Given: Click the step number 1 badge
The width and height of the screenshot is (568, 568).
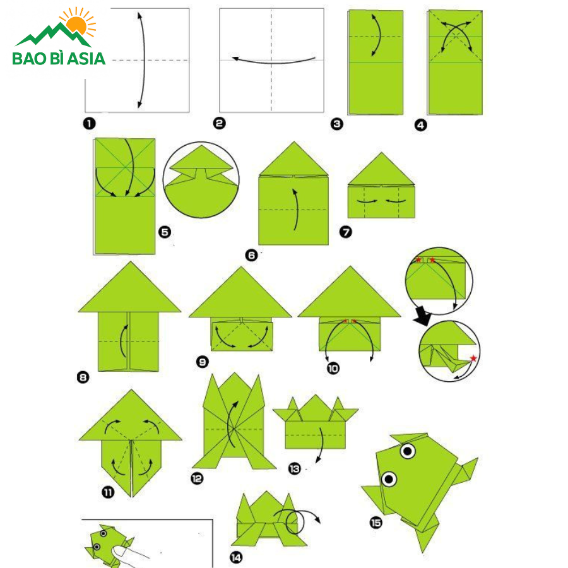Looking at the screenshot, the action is (x=89, y=124).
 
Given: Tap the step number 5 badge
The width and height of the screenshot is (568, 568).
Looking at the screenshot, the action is (x=165, y=232).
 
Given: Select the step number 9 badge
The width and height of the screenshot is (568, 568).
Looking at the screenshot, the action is (x=203, y=362).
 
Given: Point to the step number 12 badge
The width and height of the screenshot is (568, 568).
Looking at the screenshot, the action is (x=197, y=478).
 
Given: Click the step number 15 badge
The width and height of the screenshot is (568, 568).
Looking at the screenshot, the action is (x=376, y=523).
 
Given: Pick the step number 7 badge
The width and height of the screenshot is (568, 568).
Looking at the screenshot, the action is (x=346, y=232).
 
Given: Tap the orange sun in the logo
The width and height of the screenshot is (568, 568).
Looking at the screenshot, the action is (x=76, y=24).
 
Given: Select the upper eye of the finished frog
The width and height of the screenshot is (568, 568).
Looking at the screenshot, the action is (x=408, y=451).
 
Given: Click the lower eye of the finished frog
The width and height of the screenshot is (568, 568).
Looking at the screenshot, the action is (x=389, y=479).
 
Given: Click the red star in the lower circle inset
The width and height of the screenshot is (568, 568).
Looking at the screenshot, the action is (x=473, y=358).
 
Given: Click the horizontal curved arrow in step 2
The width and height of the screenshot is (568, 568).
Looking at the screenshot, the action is (x=273, y=61).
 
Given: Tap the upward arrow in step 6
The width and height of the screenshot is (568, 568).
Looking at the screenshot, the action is (x=297, y=210).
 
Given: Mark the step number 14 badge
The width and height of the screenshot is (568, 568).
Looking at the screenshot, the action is (x=236, y=557).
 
